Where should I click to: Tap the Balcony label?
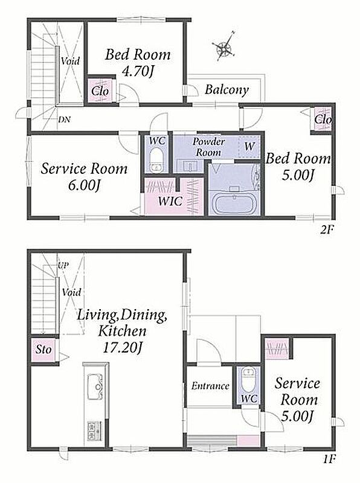click(227, 90)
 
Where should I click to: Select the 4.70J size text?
click(138, 71)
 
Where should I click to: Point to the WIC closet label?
click(170, 201)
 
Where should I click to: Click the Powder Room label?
click(208, 147)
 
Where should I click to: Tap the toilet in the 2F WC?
click(156, 159)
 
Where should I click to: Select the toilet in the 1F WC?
click(248, 379)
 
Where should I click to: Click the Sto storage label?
click(43, 350)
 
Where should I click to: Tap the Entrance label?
click(210, 386)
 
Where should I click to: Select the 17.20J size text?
click(122, 348)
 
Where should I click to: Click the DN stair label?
click(65, 119)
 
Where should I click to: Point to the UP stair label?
click(63, 265)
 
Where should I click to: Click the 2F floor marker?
click(327, 229)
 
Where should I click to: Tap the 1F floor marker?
click(328, 459)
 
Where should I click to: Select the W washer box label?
click(249, 146)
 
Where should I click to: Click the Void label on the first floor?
click(71, 292)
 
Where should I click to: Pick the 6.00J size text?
click(84, 186)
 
